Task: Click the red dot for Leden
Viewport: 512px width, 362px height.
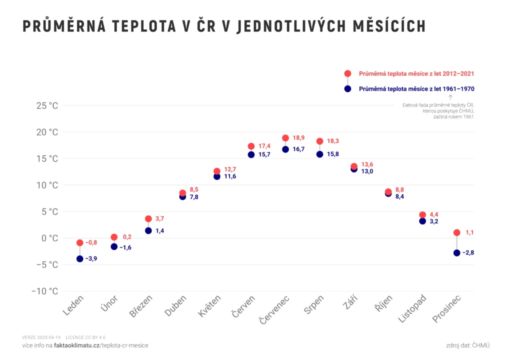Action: [80, 242]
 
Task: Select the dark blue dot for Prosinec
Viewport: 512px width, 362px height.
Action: [456, 253]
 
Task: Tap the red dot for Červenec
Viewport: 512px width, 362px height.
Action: [285, 138]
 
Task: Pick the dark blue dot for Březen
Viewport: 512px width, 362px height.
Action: [148, 230]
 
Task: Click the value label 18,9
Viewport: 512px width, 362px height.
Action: [298, 138]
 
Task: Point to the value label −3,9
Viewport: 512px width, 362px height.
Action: [91, 259]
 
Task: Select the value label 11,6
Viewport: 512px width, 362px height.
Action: [229, 176]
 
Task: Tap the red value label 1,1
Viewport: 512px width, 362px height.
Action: [469, 232]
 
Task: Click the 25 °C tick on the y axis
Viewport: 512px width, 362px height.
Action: [47, 105]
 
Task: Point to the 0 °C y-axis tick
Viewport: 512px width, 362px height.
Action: [49, 238]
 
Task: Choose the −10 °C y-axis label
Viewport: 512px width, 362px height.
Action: [44, 291]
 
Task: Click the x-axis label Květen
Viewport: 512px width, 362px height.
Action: [209, 305]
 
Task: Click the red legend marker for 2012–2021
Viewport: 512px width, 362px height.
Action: [347, 73]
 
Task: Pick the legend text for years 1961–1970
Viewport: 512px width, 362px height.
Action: [416, 88]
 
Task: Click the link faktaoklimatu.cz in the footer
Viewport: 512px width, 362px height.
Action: [76, 345]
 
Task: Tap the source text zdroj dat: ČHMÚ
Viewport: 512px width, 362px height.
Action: [468, 345]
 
